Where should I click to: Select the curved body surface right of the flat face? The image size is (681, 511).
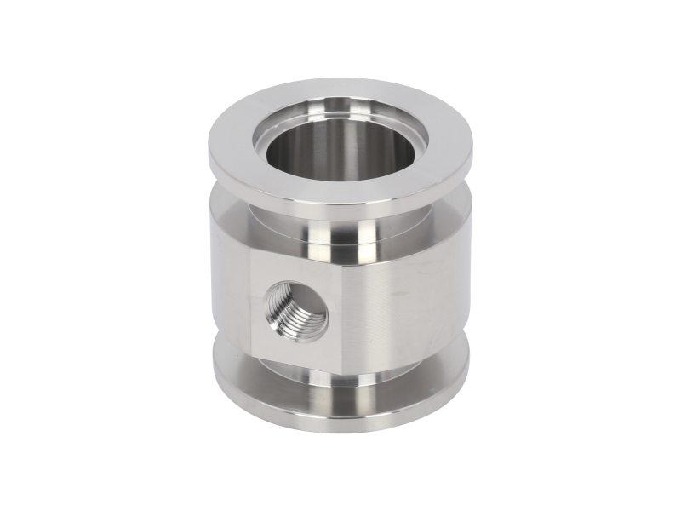click(409, 298)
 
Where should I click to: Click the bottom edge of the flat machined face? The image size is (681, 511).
click(298, 358)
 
